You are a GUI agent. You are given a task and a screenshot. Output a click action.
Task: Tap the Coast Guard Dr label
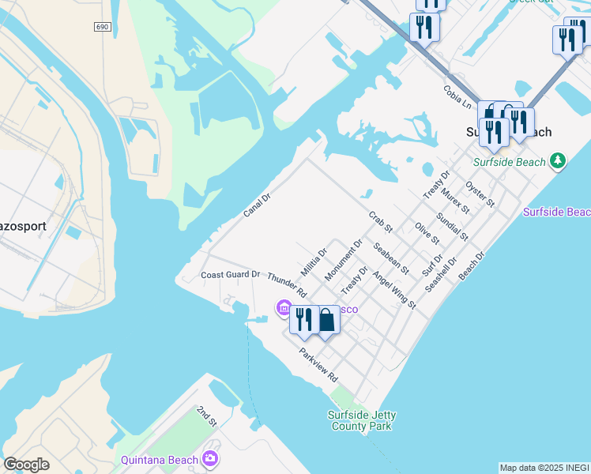[x=231, y=274]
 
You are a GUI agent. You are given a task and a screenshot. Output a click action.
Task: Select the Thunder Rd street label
[x=287, y=284]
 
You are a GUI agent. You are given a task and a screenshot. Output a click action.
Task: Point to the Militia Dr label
[x=314, y=262]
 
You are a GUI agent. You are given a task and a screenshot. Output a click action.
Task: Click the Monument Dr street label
[x=344, y=260]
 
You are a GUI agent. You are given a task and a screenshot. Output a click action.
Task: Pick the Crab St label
[x=381, y=222]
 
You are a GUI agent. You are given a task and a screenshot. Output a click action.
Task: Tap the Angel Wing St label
[x=393, y=290]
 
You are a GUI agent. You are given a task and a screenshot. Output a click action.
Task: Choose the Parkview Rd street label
[x=318, y=366]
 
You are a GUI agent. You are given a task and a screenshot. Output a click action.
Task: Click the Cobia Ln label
[x=457, y=97]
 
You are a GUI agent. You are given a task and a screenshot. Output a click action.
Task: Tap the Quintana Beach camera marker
[x=209, y=458]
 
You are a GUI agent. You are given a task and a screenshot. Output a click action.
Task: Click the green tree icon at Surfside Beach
[x=558, y=161]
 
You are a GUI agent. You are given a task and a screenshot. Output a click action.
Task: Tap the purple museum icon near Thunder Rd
[x=283, y=308]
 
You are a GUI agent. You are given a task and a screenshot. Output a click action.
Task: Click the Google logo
[x=26, y=465]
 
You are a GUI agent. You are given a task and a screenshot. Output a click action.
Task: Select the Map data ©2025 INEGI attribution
[x=544, y=468]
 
